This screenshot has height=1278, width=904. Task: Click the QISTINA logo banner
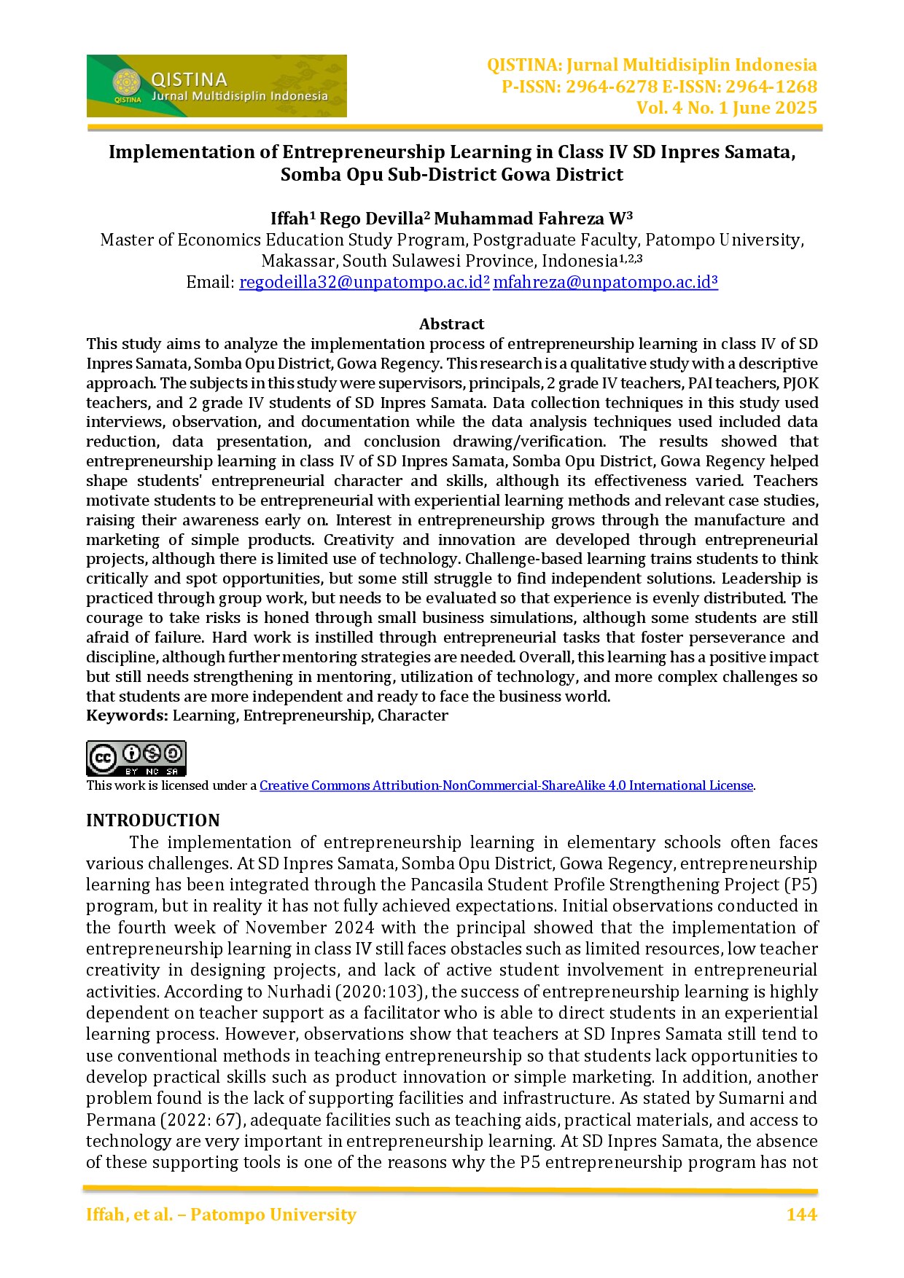click(x=217, y=86)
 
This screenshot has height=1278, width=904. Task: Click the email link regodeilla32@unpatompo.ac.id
click(x=364, y=283)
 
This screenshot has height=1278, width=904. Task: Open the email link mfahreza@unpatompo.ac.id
click(x=604, y=283)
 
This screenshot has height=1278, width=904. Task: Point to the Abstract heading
click(x=451, y=324)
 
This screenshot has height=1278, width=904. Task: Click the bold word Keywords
click(x=127, y=716)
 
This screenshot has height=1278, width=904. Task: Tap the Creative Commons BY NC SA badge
click(x=136, y=758)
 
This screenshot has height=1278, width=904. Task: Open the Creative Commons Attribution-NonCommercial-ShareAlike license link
click(x=506, y=785)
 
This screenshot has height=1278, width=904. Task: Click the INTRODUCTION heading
click(x=153, y=820)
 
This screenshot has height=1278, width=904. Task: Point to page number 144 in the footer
click(x=801, y=1215)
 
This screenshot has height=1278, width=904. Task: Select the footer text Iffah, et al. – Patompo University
click(x=221, y=1215)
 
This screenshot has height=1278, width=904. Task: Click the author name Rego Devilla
click(x=371, y=219)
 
